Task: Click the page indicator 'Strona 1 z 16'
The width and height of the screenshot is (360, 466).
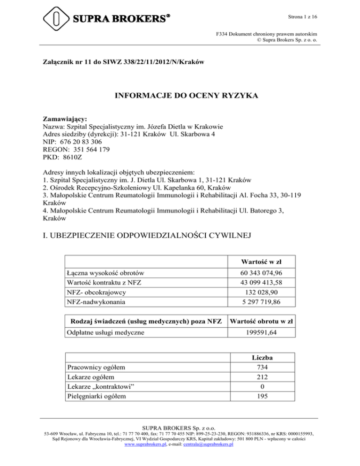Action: click(301, 17)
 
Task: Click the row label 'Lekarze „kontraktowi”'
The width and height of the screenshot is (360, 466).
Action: click(97, 387)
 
